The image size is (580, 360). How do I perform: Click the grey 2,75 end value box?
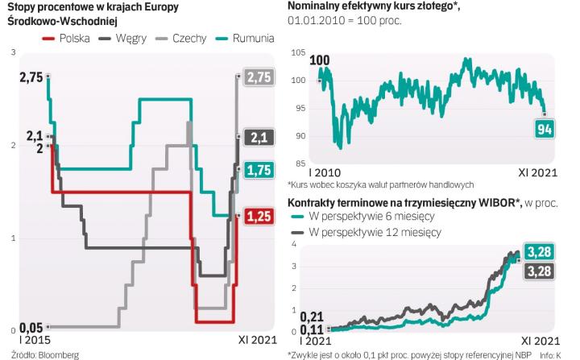tap(259, 77)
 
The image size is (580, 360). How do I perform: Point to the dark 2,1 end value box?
tap(259, 138)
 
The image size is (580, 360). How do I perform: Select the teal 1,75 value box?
tap(259, 170)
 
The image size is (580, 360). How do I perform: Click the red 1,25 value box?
tap(259, 216)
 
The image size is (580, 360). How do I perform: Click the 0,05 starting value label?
tap(31, 327)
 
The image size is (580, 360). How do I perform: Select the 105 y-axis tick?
tap(298, 53)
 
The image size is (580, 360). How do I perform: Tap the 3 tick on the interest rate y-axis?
tap(11, 53)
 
